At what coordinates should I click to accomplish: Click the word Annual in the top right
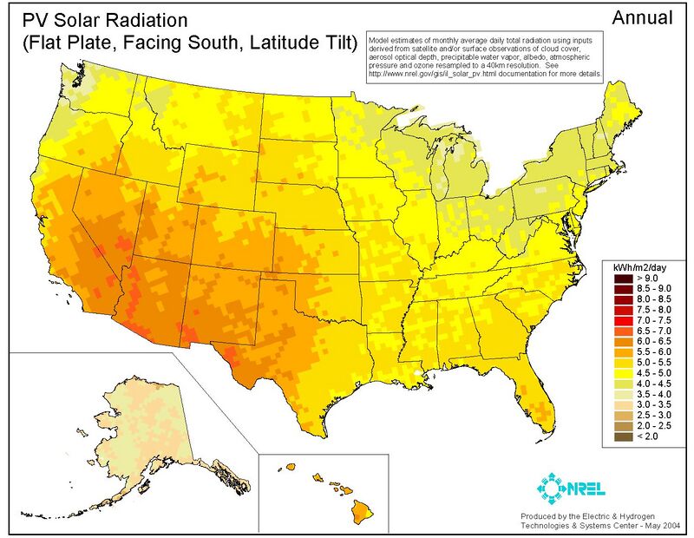click(x=643, y=17)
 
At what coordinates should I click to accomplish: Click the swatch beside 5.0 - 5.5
click(x=621, y=363)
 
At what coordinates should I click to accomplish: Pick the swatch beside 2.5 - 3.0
click(x=621, y=415)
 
